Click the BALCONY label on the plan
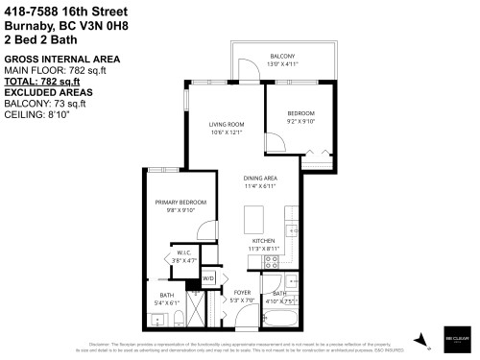click(x=282, y=56)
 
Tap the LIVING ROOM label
click(x=226, y=124)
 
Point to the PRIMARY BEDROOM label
click(x=180, y=203)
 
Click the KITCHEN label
click(x=263, y=240)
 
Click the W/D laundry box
click(x=208, y=278)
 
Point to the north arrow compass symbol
click(x=420, y=339)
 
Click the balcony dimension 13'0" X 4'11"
click(x=282, y=63)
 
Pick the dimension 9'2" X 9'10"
click(x=301, y=121)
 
